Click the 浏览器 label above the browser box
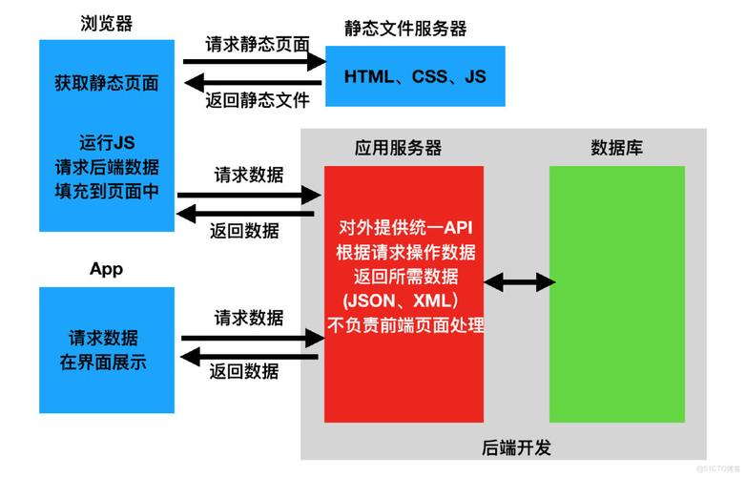tap(106, 23)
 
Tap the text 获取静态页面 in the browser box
tap(106, 83)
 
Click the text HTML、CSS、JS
tap(415, 75)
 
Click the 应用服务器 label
tap(398, 148)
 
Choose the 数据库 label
tap(615, 148)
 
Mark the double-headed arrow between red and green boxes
tap(518, 281)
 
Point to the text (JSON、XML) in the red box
tap(404, 301)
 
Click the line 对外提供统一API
tap(404, 228)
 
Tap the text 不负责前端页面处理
tap(404, 326)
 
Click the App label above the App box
tap(106, 269)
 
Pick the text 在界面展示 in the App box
tap(106, 363)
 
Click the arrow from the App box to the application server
tap(250, 337)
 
